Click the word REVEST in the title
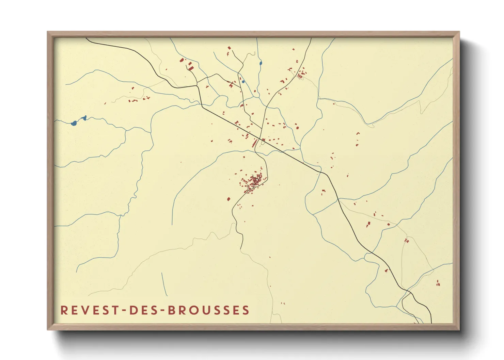(x=87, y=310)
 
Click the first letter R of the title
(x=63, y=310)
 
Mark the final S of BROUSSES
(x=246, y=310)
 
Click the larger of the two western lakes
(x=74, y=123)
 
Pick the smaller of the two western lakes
(x=84, y=118)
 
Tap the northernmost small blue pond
(x=261, y=63)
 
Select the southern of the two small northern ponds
(x=243, y=81)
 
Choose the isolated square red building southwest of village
(x=229, y=199)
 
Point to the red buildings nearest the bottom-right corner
(x=438, y=283)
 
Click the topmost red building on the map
(x=229, y=48)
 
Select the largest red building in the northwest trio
(x=191, y=69)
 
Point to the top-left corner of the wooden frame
(x=48, y=32)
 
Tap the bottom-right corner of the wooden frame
(x=459, y=330)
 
